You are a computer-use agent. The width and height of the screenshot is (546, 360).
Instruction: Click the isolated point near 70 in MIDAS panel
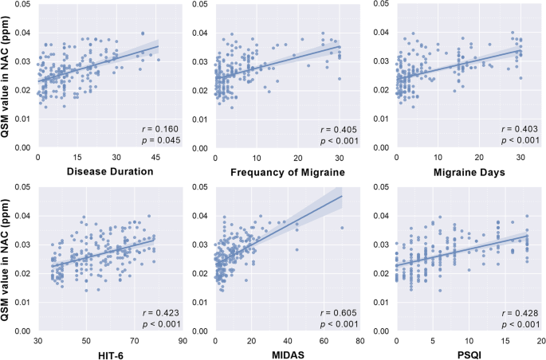342,228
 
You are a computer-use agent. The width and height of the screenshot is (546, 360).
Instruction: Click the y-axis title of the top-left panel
8,74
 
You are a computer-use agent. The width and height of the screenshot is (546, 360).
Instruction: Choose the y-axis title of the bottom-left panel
8,257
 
